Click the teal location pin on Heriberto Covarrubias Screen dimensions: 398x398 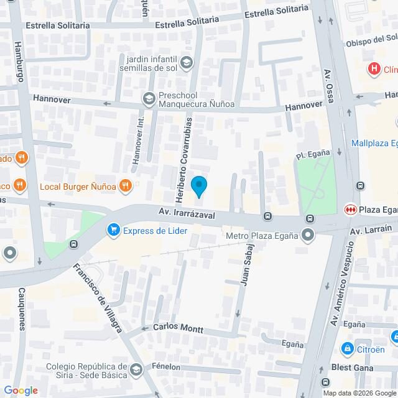click(x=198, y=186)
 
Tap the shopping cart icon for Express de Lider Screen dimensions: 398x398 click(x=113, y=231)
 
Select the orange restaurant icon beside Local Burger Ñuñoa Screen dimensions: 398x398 click(x=126, y=185)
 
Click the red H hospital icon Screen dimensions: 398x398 click(x=374, y=68)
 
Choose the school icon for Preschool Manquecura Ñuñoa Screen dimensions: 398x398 click(x=149, y=98)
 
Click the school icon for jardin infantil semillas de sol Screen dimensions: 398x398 click(x=187, y=62)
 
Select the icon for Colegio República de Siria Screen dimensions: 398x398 click(x=136, y=372)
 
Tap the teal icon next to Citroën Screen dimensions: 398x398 click(x=348, y=349)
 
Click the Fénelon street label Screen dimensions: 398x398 click(x=166, y=367)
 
